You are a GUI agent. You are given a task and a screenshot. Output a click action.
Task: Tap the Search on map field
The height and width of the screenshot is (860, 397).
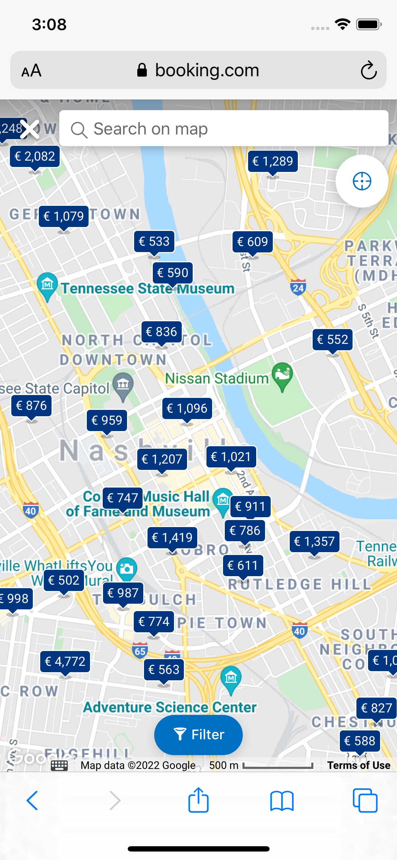coord(224,129)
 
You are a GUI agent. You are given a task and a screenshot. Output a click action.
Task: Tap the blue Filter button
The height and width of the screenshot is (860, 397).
coord(198,735)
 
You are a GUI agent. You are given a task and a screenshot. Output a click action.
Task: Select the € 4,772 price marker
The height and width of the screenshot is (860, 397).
coord(65,661)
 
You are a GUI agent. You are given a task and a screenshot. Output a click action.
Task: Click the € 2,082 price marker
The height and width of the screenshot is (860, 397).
coord(35,156)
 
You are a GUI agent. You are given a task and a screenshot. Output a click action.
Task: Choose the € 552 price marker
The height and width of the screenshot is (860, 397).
coord(332,340)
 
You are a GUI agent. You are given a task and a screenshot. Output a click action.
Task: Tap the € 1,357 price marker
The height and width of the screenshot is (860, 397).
coord(314,541)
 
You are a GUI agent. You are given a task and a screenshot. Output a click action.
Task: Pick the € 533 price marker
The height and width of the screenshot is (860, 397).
coord(154,241)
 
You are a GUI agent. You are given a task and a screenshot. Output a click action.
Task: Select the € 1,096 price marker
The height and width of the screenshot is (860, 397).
coord(187,408)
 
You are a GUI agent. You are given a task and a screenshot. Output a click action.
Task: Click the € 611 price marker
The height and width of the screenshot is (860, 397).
coord(243,566)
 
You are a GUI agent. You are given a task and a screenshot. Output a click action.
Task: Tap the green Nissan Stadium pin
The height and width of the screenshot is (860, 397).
coord(282,375)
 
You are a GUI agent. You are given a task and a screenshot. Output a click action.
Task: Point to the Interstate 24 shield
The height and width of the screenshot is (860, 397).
coord(298,288)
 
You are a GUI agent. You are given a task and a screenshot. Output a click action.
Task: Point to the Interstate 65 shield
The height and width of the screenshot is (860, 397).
coord(140,651)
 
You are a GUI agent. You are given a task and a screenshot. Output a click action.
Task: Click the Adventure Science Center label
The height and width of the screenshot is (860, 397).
coord(170,707)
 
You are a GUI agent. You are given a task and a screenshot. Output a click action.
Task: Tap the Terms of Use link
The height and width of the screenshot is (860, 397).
coord(359,765)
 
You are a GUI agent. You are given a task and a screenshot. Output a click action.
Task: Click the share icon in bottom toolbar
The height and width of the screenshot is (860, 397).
coord(198,800)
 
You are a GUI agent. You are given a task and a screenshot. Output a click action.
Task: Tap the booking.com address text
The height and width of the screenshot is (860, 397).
coord(207,70)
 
